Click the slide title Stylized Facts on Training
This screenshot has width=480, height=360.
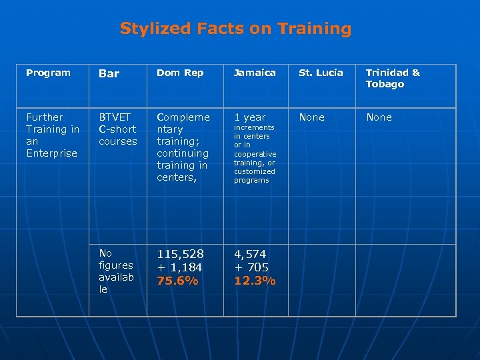235,29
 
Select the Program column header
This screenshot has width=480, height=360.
48,73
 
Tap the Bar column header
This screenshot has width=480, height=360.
109,73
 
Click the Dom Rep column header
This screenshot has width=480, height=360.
180,73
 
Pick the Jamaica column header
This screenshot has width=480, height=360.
254,73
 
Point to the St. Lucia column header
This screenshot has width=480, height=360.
321,73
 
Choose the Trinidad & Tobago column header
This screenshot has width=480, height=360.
393,78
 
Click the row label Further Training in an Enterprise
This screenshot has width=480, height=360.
52,135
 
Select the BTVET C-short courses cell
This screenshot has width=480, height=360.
117,129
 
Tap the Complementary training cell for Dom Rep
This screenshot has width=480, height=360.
183,147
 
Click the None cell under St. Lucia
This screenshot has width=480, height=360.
311,117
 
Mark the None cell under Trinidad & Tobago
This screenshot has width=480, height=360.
379,117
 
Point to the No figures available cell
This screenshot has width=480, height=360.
115,271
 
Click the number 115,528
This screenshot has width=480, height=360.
180,254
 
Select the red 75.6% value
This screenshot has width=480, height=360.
177,281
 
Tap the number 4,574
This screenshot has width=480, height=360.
251,254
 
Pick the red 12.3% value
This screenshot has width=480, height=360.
255,281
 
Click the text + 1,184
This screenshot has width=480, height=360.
180,267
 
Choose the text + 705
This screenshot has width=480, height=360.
251,267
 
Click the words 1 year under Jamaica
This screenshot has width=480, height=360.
249,117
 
